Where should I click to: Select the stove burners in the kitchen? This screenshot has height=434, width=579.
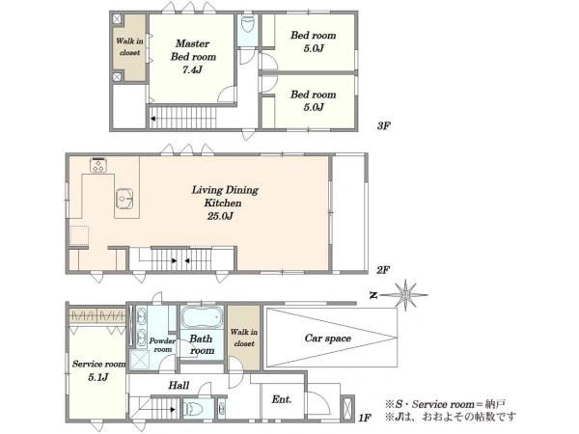98,165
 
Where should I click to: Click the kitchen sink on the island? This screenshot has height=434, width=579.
124,200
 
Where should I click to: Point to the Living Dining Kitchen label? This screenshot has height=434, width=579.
225,197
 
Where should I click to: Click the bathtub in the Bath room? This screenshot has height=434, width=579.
203,317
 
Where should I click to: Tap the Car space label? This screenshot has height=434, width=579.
328,339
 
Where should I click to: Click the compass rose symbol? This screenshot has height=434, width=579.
405,295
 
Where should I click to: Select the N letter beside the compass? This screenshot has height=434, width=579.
373,295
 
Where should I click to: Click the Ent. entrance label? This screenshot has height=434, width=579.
282,399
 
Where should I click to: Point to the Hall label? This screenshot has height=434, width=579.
179,385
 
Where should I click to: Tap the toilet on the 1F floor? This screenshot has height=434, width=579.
194,409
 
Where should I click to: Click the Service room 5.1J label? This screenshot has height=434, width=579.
98,370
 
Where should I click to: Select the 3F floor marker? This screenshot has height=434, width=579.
383,125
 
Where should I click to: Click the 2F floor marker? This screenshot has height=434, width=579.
383,270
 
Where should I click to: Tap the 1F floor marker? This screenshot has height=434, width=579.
365,418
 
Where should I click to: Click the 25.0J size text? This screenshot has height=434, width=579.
220,216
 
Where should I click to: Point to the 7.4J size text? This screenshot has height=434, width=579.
192,69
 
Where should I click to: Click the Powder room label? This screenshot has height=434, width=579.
162,344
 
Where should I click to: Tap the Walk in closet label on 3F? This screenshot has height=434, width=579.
129,46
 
